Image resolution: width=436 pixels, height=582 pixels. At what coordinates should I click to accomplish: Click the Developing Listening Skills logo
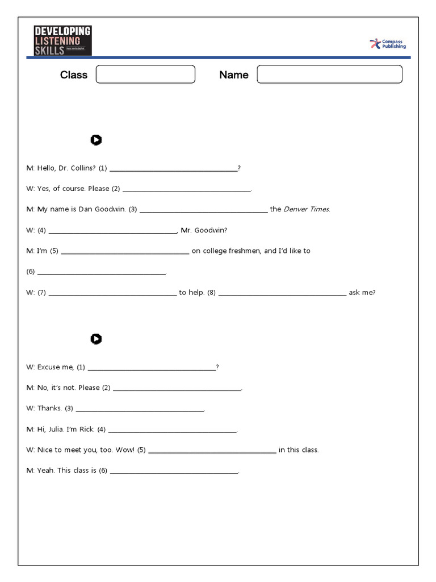point(62,40)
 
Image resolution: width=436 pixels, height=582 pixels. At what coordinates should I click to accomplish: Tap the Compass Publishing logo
point(388,44)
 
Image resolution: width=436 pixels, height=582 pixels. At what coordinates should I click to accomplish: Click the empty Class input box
point(145,74)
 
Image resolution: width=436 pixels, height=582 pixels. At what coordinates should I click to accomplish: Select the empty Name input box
point(329,74)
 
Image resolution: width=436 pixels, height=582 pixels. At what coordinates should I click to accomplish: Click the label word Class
point(74,75)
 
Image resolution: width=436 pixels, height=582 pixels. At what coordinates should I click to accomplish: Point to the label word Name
point(234,75)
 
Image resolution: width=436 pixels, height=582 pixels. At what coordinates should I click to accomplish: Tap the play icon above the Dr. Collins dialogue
point(96,140)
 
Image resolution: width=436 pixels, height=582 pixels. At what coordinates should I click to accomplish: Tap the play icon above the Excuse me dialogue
point(96,339)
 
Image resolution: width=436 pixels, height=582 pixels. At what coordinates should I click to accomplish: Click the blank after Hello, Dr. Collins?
point(173,168)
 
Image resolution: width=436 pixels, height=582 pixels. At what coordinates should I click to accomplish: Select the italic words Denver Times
point(307,209)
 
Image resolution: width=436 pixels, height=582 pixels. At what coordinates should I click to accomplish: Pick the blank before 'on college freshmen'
point(124,251)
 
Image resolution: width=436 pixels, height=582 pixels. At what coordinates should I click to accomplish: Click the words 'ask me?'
point(362,293)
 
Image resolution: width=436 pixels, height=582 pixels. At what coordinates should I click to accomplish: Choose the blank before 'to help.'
point(112,293)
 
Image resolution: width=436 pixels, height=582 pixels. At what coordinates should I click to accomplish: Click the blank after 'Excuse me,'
point(152,367)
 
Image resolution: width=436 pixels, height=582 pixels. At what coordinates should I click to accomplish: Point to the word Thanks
point(49,409)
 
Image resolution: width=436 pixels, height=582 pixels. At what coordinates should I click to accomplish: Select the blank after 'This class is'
point(174,471)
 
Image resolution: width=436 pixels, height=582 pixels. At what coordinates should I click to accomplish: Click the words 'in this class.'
point(299,450)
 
